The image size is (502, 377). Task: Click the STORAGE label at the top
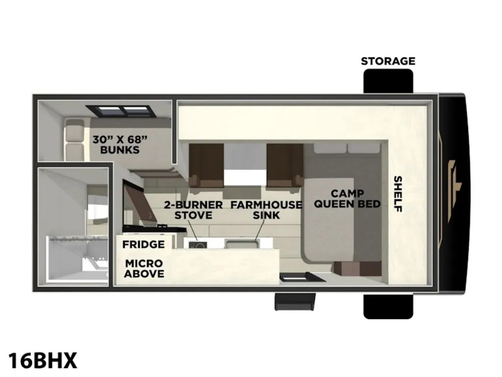tap(388, 61)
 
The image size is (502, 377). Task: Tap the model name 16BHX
tap(43, 361)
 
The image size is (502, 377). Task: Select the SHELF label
tap(398, 193)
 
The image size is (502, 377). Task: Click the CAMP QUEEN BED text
tap(348, 198)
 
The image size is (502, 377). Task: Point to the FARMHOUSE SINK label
tap(266, 210)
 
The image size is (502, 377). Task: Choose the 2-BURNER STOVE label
tap(193, 210)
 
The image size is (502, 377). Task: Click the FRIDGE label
tap(144, 244)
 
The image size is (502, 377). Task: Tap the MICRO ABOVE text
tap(144, 269)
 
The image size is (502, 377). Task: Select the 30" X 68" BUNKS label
tap(120, 145)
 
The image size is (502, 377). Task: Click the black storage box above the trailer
tap(388, 81)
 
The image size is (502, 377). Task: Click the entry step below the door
tap(295, 301)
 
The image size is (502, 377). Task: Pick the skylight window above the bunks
tap(121, 111)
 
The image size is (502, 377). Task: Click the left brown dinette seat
tap(206, 165)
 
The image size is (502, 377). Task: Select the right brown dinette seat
tap(285, 165)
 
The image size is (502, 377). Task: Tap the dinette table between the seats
tap(245, 164)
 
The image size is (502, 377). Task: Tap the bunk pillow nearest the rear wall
tap(75, 129)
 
